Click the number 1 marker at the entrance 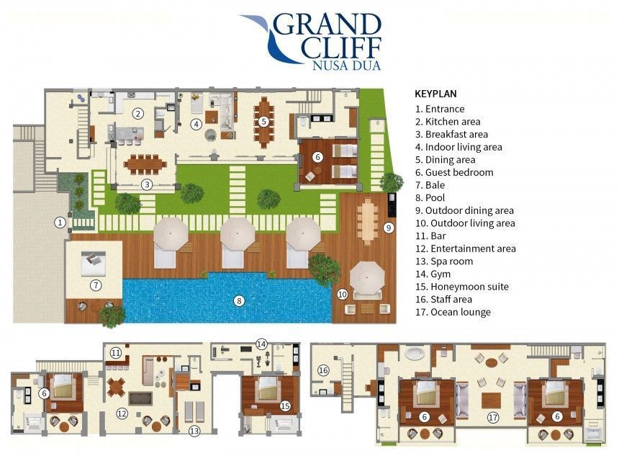coord(60,223)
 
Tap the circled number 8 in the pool coord(239,301)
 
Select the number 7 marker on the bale coord(96,285)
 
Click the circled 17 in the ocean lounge coord(493,417)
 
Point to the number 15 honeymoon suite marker coord(285,406)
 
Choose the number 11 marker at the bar coord(116,352)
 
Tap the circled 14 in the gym coord(261,344)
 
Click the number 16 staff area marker coord(323,370)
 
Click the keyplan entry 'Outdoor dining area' coord(465,210)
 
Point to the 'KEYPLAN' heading coord(435,94)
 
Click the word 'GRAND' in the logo coord(327,24)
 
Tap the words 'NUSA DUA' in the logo coord(347,65)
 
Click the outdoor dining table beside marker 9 coord(367,222)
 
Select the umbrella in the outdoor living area coord(367,277)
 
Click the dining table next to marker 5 coord(263,122)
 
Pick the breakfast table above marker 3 coord(145,164)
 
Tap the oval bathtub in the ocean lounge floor coord(414,354)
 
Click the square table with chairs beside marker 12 coord(117,387)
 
